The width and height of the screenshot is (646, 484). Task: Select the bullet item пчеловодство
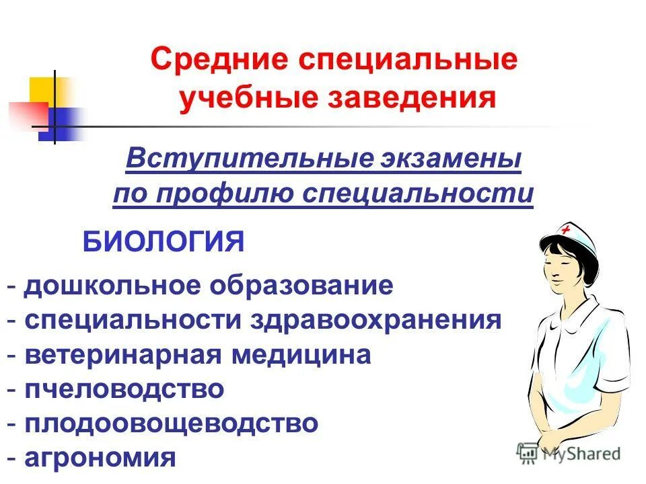coord(124,390)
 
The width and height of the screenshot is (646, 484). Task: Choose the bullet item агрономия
coord(100,459)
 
